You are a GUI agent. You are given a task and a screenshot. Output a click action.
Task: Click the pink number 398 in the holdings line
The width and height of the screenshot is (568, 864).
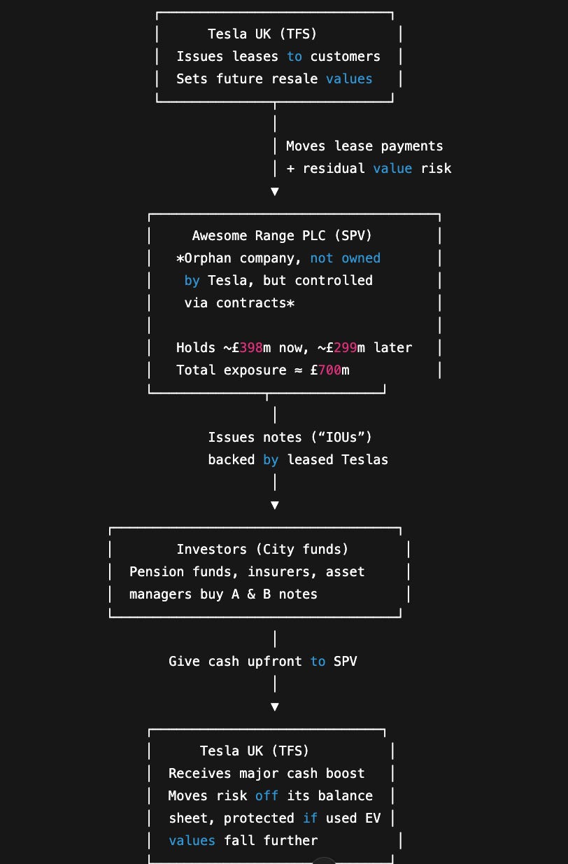pos(250,348)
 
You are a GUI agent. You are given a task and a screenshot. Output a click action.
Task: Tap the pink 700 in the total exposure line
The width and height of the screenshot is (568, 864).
pos(329,370)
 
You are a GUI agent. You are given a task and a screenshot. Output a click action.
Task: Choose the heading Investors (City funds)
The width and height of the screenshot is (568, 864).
pos(262,550)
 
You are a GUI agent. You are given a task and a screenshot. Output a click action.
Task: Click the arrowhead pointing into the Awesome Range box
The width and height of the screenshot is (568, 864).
pos(275,191)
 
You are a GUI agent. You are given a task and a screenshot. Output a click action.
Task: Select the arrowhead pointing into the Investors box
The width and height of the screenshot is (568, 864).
pos(275,505)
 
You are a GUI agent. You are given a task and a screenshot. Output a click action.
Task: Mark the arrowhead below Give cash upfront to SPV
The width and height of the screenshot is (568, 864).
pos(275,706)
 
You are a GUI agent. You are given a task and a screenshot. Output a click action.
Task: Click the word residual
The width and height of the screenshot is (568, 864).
pos(334,169)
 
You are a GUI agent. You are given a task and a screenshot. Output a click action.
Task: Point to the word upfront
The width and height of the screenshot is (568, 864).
pos(274,662)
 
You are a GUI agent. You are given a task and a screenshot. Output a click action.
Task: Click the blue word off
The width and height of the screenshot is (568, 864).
pos(267,796)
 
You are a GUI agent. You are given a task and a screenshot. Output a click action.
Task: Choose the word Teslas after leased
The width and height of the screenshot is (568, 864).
pos(365,460)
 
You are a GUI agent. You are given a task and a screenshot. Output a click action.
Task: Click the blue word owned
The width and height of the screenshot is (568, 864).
pos(361,258)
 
